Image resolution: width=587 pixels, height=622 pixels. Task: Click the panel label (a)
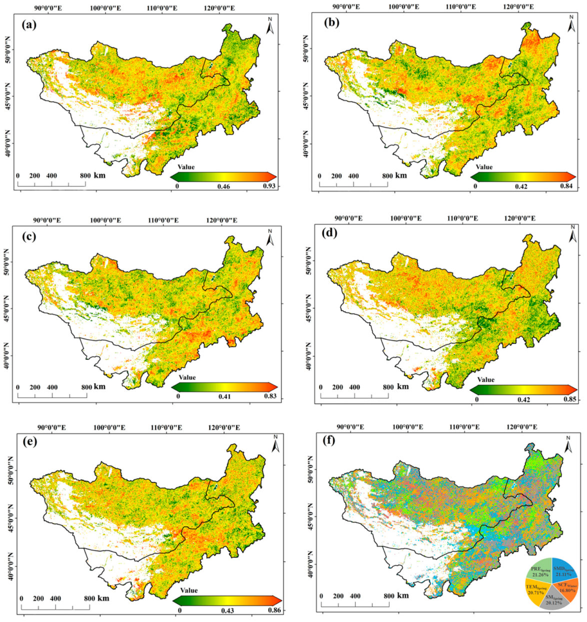pyautogui.click(x=28, y=24)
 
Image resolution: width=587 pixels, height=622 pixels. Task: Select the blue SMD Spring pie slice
pyautogui.click(x=563, y=570)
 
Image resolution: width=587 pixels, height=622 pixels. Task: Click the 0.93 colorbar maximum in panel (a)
pyautogui.click(x=269, y=186)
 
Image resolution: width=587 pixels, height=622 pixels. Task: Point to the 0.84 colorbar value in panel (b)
pyautogui.click(x=569, y=186)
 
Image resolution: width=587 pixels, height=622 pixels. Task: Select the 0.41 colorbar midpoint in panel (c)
pyautogui.click(x=224, y=396)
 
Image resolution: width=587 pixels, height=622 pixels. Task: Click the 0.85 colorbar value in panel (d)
pyautogui.click(x=570, y=399)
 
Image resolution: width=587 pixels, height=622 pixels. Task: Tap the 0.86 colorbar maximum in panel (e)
pyautogui.click(x=274, y=610)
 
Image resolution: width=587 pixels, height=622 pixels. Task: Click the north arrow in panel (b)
pyautogui.click(x=571, y=24)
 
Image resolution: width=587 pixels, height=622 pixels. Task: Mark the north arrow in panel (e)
pyautogui.click(x=275, y=444)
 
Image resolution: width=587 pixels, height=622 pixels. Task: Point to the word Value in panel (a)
pyautogui.click(x=186, y=167)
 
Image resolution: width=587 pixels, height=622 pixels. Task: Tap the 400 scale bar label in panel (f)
pyautogui.click(x=355, y=596)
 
